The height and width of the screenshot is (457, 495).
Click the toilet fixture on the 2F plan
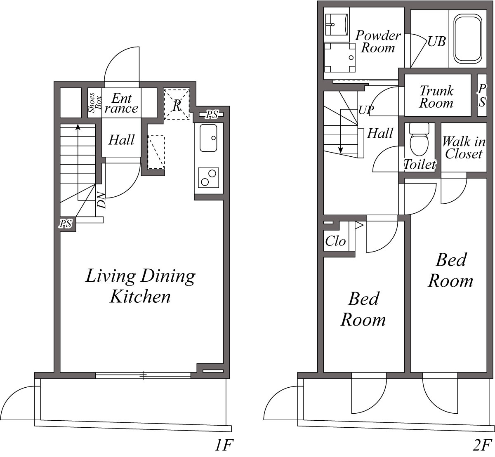[x=419, y=140]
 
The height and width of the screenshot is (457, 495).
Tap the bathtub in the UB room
[x=468, y=38]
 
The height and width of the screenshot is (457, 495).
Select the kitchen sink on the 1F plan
[x=208, y=138]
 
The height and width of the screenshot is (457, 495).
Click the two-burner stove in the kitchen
[x=208, y=178]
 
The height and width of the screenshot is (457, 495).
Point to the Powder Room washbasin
[x=337, y=25]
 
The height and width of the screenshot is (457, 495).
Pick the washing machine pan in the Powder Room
[x=340, y=58]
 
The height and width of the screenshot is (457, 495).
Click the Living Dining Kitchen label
[x=140, y=286]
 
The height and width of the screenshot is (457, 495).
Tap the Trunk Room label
[x=436, y=97]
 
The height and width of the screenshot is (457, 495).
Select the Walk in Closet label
[x=464, y=148]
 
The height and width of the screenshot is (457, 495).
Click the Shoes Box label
[x=95, y=103]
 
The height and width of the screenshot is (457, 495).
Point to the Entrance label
[x=121, y=103]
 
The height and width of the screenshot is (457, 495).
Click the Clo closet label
[x=335, y=241]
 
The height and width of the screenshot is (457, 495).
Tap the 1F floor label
[x=224, y=445]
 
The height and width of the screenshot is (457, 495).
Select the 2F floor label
[x=482, y=445]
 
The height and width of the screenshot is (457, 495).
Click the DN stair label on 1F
[x=101, y=200]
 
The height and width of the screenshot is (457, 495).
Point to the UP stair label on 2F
[x=366, y=110]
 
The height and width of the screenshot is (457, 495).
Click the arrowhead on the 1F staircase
[x=78, y=127]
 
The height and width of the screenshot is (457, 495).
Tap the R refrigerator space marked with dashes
[x=177, y=104]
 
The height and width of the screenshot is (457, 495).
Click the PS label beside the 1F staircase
[x=66, y=224]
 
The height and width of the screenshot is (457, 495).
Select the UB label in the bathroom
[x=436, y=42]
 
